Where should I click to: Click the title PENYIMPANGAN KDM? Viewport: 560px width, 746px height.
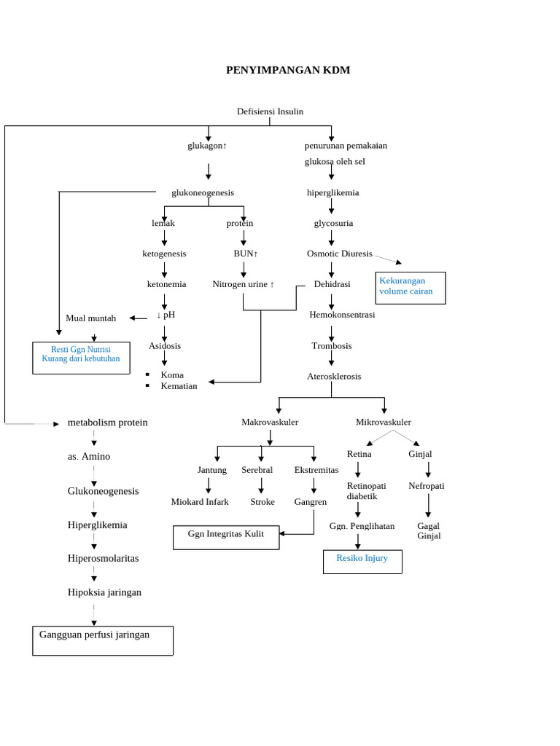coord(288,71)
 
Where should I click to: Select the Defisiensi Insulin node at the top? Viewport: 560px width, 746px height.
coord(270,111)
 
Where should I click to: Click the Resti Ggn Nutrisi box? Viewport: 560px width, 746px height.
coord(81,358)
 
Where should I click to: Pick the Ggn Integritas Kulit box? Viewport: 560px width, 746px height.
coord(226,536)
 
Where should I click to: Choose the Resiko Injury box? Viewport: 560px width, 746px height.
coord(362,560)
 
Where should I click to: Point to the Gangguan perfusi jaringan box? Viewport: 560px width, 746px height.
coord(103,640)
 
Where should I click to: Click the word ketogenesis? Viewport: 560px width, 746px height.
coord(164,254)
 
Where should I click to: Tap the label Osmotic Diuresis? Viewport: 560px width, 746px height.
coord(339,254)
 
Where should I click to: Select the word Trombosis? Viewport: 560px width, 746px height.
coord(332,346)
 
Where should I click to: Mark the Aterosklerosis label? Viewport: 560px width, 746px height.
coord(334,377)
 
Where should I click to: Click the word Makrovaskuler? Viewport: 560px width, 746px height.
coord(270,422)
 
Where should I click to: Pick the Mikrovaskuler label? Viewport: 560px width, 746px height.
coord(384,422)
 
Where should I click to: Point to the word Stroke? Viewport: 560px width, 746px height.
coord(262,502)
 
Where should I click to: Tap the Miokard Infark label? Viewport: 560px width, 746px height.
coord(200,502)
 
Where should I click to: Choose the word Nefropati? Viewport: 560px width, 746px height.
coord(427,486)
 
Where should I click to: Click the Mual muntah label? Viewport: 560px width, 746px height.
coord(91,318)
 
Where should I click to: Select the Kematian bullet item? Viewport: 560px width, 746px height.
coord(179,386)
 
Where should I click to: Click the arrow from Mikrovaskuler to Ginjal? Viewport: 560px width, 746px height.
coord(407,437)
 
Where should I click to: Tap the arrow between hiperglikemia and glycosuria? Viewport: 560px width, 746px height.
coord(332,208)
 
